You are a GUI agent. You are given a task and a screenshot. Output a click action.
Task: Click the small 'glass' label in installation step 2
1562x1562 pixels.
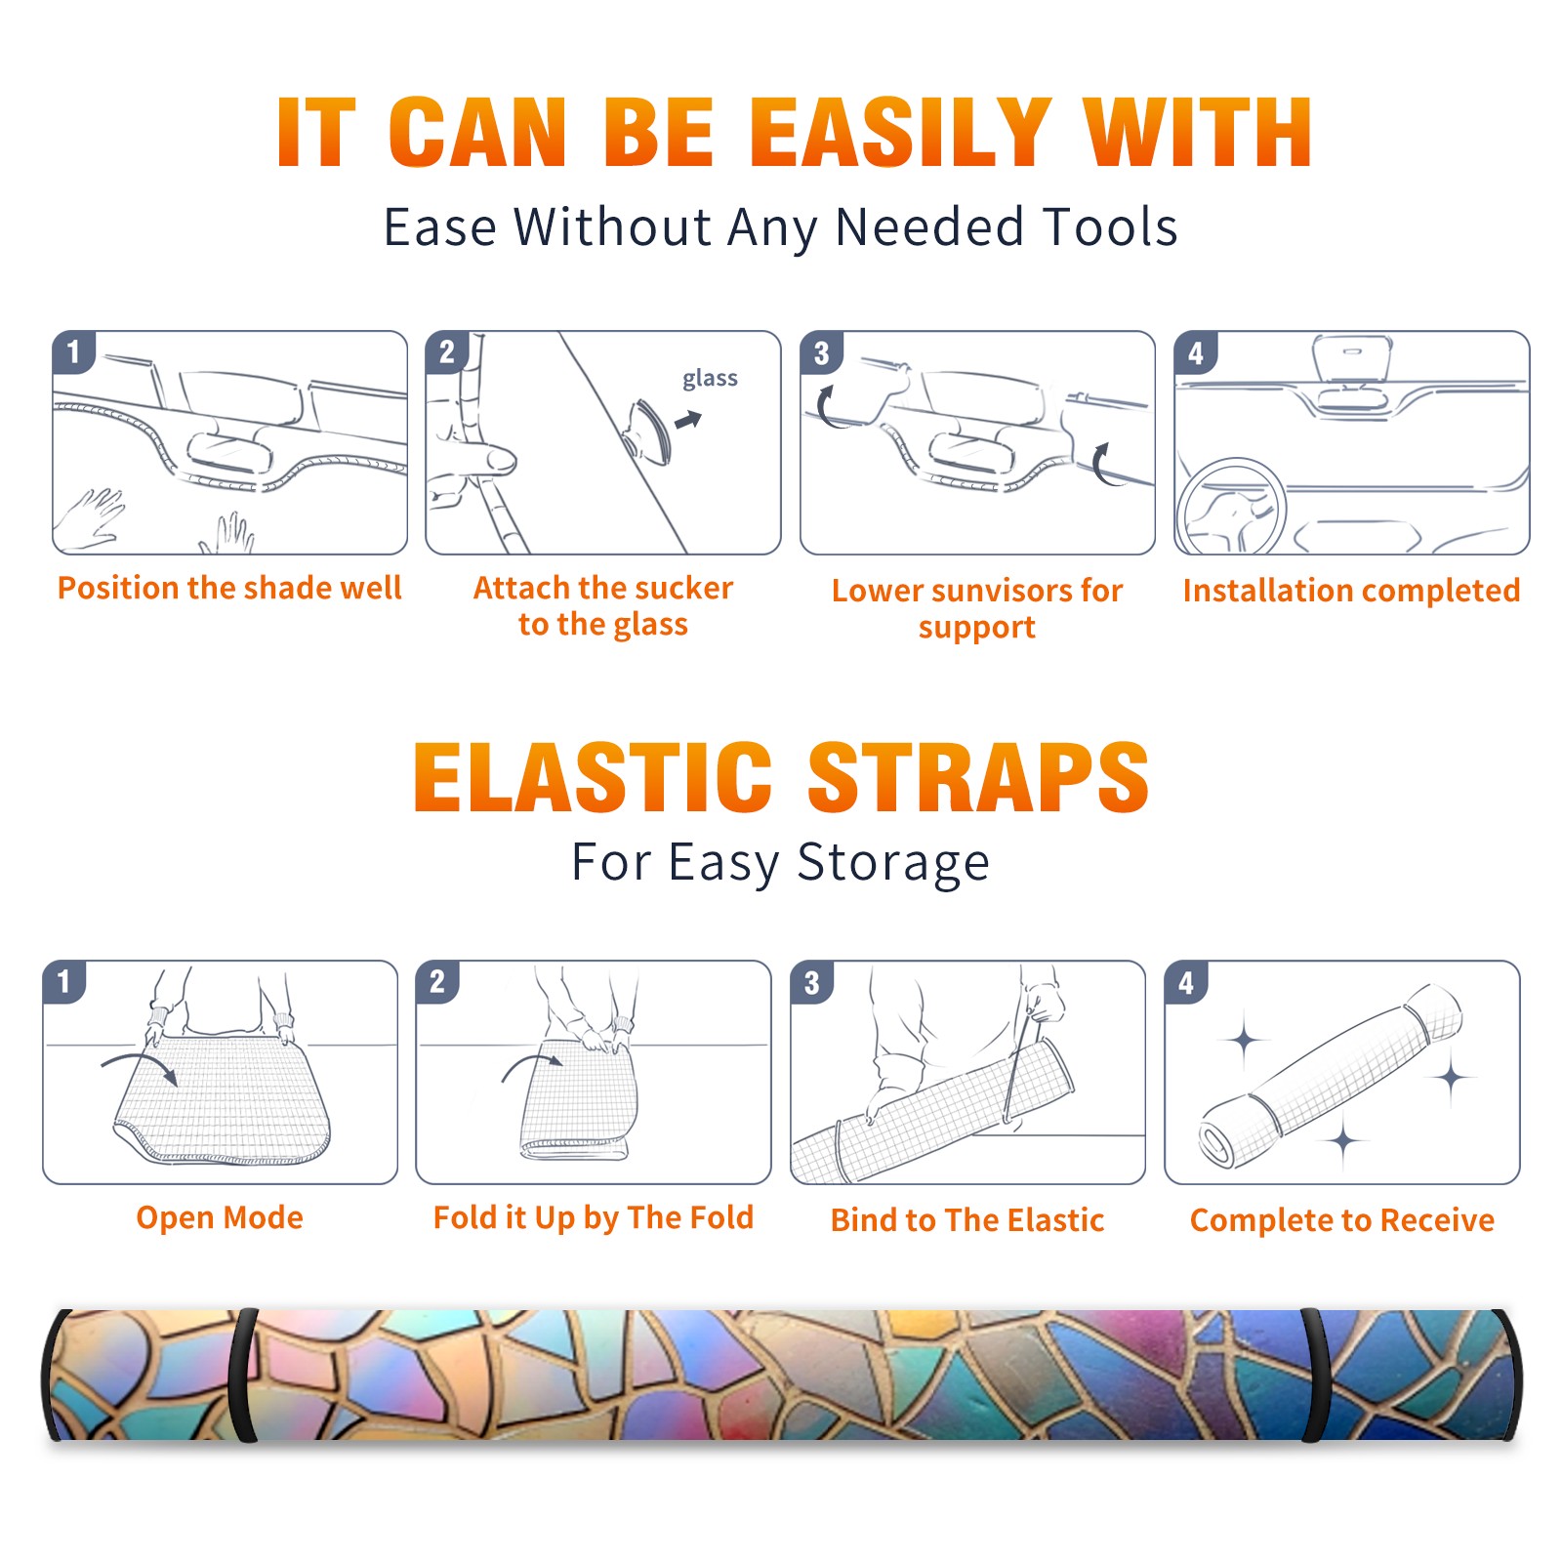[x=710, y=379]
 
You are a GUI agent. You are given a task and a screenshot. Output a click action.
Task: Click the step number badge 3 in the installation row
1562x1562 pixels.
[x=821, y=352]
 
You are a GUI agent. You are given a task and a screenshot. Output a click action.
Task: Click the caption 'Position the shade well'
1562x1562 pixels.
[x=229, y=588]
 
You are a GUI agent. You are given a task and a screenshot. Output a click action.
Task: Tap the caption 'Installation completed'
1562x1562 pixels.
[x=1351, y=591]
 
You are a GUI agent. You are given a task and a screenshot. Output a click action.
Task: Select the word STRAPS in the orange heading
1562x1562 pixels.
[x=978, y=777]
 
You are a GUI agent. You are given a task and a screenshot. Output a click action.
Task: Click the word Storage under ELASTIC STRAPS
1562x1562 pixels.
[x=893, y=863]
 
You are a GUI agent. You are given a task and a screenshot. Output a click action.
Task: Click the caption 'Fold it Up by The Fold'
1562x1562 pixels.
[x=594, y=1218]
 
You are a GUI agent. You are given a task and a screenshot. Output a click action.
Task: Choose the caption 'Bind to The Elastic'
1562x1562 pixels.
[x=967, y=1220]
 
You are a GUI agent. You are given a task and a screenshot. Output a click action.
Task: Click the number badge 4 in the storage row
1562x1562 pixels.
[x=1186, y=982]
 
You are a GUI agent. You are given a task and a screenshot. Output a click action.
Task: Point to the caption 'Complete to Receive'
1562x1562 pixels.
[x=1342, y=1220]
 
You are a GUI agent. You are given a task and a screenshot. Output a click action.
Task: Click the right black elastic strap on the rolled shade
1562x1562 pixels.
[x=1315, y=1375]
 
